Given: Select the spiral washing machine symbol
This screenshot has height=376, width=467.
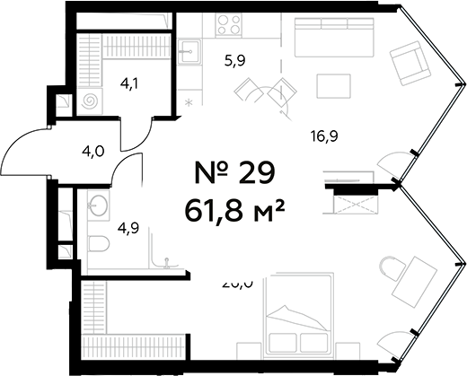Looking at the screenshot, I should click(x=92, y=101).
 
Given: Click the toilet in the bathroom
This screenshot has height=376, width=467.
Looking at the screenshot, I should click(x=99, y=243).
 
